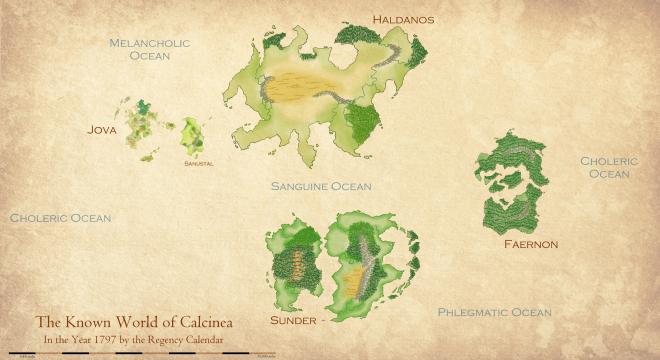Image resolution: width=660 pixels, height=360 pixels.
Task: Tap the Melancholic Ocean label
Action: pos(150,50)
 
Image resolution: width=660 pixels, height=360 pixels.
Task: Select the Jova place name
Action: pos(102,129)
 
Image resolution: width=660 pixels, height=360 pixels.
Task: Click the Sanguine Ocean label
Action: pos(321,186)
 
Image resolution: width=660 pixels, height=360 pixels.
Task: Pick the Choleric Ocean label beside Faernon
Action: pos(608,167)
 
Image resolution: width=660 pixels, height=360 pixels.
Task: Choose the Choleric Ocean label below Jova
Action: pos(60,217)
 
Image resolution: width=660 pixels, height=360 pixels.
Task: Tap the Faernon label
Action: pos(530,244)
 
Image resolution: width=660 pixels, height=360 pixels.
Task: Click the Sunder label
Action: pos(293,321)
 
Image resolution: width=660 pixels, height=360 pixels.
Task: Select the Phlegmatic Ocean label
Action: pos(494,313)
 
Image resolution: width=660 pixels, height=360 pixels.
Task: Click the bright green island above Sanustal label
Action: pos(192,132)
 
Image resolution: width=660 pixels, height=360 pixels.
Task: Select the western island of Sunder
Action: pos(294,262)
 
